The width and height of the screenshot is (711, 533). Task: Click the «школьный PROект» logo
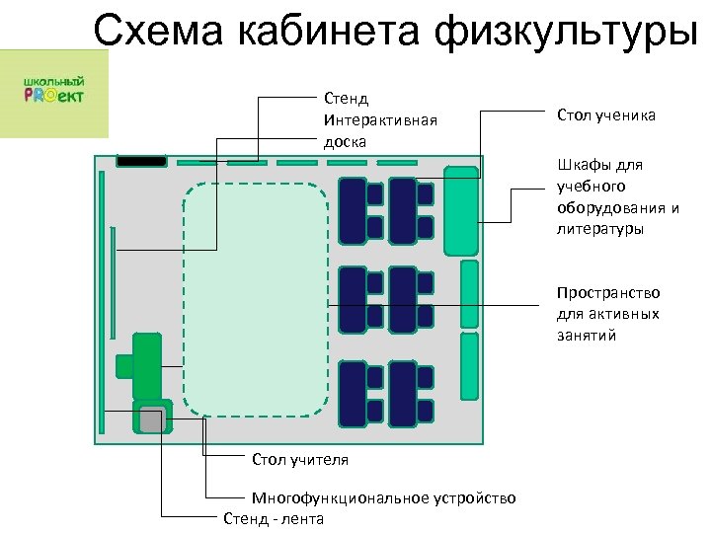pyautogui.click(x=53, y=90)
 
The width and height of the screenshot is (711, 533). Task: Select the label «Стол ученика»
pyautogui.click(x=605, y=116)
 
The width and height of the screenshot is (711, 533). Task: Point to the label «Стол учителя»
pyautogui.click(x=300, y=460)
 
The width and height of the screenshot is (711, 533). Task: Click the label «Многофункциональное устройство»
pyautogui.click(x=383, y=497)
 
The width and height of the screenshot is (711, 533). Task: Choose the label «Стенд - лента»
pyautogui.click(x=274, y=518)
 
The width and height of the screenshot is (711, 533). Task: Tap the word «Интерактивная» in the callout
pyautogui.click(x=379, y=119)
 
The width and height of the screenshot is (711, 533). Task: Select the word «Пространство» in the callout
pyautogui.click(x=607, y=293)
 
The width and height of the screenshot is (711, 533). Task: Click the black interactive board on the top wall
pyautogui.click(x=141, y=160)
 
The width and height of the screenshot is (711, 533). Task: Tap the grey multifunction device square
pyautogui.click(x=151, y=419)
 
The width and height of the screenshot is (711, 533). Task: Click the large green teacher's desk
pyautogui.click(x=147, y=364)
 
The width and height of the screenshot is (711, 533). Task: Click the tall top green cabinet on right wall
pyautogui.click(x=460, y=211)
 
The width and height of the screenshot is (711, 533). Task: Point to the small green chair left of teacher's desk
pyautogui.click(x=123, y=365)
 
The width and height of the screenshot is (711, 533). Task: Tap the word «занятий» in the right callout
pyautogui.click(x=586, y=336)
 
